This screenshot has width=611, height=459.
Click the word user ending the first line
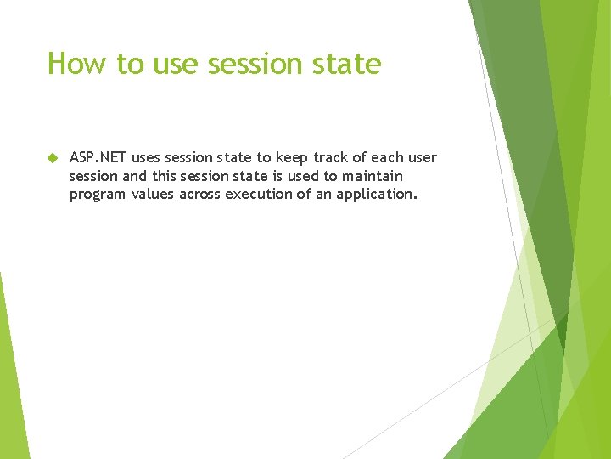pos(423,158)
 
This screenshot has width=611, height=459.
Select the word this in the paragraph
pos(169,176)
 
